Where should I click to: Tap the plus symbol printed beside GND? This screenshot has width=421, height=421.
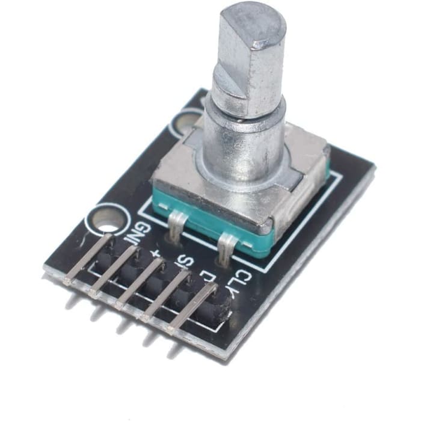[158, 253]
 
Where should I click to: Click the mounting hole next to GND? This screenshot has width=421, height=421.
[107, 220]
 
